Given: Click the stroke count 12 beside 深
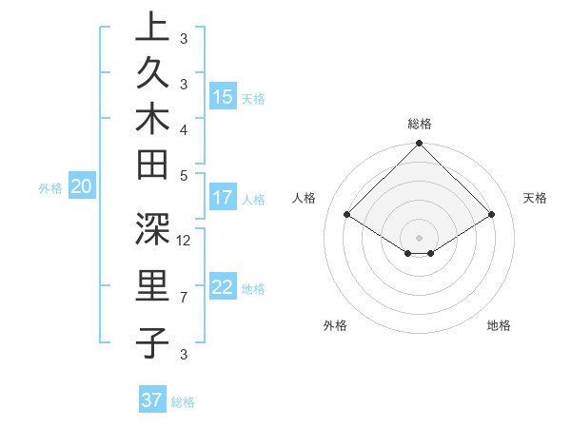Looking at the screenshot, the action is tap(185, 240).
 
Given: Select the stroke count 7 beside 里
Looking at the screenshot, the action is tap(184, 298).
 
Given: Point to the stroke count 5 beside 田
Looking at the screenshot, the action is tap(184, 174).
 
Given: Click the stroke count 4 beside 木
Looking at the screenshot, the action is tap(184, 129).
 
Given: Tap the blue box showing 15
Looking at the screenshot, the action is tap(223, 97).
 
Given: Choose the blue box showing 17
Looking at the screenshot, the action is tap(223, 198).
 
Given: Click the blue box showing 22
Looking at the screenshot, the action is tap(223, 288).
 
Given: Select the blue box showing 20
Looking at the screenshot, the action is tap(82, 187).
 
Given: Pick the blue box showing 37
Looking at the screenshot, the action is tap(152, 400).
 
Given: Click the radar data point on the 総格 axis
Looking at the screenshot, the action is tap(419, 145).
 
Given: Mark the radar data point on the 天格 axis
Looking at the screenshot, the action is tap(492, 215).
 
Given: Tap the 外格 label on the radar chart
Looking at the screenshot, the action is tap(335, 325).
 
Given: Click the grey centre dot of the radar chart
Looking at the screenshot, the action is tap(419, 237).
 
